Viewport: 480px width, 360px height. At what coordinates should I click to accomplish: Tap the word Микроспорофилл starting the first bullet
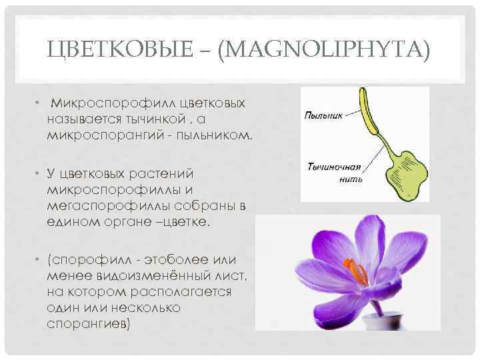[x=105, y=104]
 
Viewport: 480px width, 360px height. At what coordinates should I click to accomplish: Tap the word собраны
[x=201, y=206]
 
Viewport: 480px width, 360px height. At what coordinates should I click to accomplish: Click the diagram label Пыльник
[x=324, y=115]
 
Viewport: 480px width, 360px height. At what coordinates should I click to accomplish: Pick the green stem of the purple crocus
[x=374, y=306]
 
